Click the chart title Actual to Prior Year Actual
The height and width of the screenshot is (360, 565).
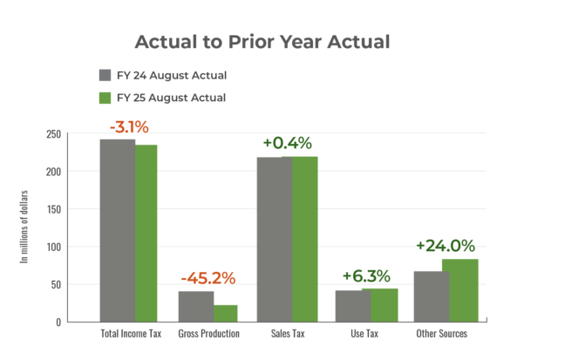pos(262,42)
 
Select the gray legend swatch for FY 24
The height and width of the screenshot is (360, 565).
pos(106,75)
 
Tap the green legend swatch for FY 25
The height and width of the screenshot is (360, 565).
pos(106,98)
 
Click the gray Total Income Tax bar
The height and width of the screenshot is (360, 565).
pos(117,230)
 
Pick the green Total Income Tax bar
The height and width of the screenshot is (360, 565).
pos(146,233)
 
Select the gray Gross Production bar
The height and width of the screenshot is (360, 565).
pos(195,306)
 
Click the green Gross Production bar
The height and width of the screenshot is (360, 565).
pos(226,313)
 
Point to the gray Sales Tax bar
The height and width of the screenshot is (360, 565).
pos(275,239)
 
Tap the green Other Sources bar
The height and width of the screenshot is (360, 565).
pos(459,290)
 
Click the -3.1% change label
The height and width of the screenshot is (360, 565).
pos(129,128)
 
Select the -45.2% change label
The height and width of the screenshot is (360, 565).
pos(208,279)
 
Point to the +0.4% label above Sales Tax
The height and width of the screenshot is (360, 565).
pos(287,143)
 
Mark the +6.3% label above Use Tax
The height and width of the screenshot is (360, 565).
pos(365,276)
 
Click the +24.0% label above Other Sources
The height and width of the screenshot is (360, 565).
pos(445,246)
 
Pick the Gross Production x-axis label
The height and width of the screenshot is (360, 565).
pos(208,334)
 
